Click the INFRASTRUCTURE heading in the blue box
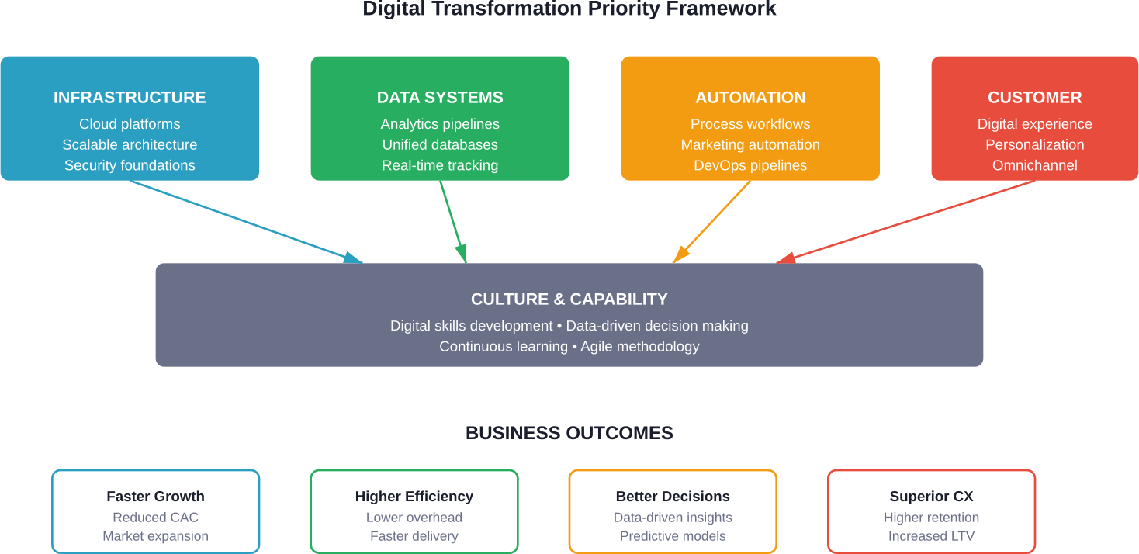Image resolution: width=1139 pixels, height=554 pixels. [130, 98]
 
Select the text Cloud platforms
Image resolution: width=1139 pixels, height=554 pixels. [130, 124]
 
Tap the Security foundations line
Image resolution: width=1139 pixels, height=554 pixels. [130, 165]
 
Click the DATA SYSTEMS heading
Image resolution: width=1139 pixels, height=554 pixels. [440, 98]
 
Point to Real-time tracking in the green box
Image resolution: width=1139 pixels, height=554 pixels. [440, 165]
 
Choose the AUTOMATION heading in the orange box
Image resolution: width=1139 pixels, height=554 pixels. [750, 98]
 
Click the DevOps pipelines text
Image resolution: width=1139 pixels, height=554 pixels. [750, 165]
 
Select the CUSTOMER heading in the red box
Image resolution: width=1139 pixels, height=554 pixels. [1034, 98]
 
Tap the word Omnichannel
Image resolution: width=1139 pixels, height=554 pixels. [1034, 165]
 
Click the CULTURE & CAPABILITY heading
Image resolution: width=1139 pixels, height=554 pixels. [569, 300]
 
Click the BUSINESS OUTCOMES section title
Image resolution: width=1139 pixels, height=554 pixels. [569, 433]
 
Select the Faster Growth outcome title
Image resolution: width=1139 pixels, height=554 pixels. [155, 497]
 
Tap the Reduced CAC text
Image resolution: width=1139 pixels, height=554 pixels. [155, 518]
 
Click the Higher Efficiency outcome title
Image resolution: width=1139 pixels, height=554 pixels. [414, 497]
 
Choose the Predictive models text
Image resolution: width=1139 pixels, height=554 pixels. [673, 536]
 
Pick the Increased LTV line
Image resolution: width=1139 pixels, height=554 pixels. [931, 536]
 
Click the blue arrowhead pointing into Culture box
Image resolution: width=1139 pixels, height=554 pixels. [353, 258]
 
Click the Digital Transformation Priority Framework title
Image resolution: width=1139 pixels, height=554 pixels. [569, 9]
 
